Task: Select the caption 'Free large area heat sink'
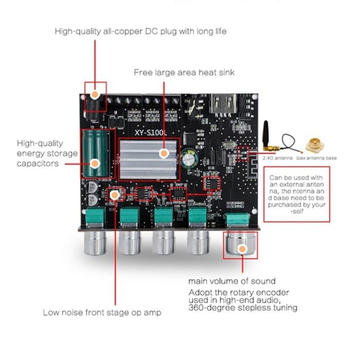pos(184,73)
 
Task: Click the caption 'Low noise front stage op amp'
pos(102,312)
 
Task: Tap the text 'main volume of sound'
pos(231,281)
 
